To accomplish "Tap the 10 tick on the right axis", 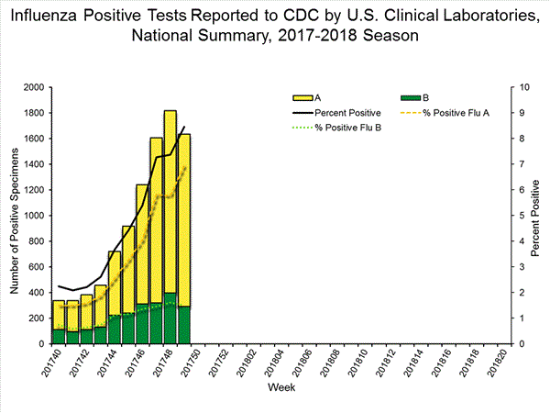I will pos(523,88).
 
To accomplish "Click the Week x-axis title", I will pos(280,389).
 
